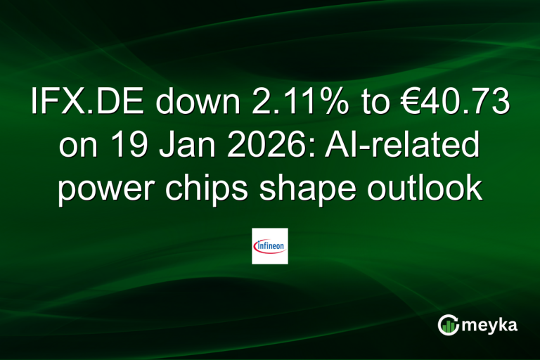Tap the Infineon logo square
coord(270,246)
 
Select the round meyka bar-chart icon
coord(448,325)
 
